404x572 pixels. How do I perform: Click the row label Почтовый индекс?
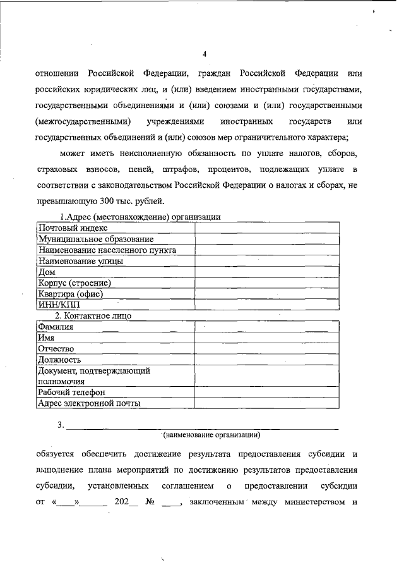click(73, 228)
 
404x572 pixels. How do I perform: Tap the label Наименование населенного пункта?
click(107, 250)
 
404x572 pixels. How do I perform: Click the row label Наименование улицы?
click(80, 260)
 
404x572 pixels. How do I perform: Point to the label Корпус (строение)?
click(74, 283)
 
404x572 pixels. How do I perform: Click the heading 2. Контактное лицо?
click(93, 315)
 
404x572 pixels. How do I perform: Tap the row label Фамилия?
click(56, 327)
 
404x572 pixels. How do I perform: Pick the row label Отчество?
click(56, 349)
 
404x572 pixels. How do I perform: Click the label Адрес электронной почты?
click(88, 403)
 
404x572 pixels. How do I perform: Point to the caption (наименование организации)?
click(211, 435)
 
